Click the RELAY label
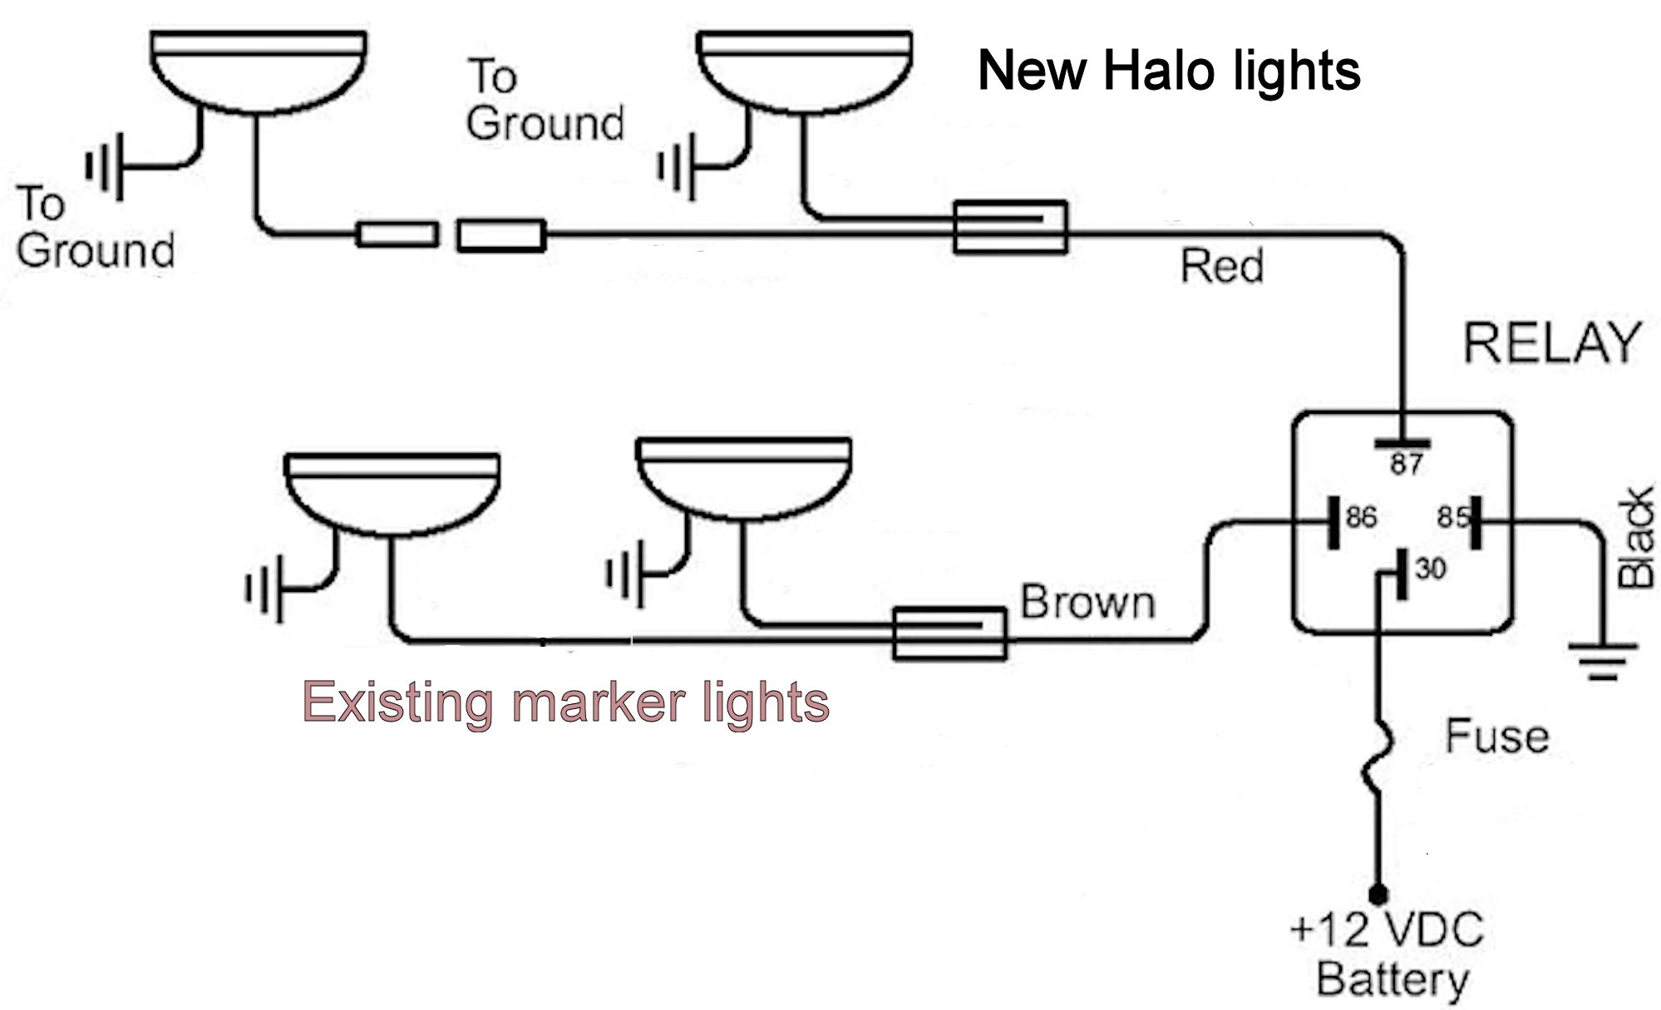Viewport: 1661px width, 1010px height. click(1551, 342)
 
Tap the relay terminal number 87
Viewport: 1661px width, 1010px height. click(1407, 464)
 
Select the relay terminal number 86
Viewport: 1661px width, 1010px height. click(1361, 518)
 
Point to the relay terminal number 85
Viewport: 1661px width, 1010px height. click(1452, 518)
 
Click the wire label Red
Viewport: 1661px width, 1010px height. click(1222, 267)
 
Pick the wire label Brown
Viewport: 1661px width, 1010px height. click(1087, 602)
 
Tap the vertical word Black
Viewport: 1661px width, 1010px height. click(1635, 539)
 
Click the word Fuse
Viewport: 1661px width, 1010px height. click(1496, 737)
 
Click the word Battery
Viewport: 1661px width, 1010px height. click(1392, 981)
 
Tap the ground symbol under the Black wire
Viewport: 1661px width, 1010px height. click(1604, 662)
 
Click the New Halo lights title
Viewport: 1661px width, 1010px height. click(1169, 71)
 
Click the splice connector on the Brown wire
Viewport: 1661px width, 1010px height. click(949, 633)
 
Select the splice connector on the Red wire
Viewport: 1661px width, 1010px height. click(1010, 227)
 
